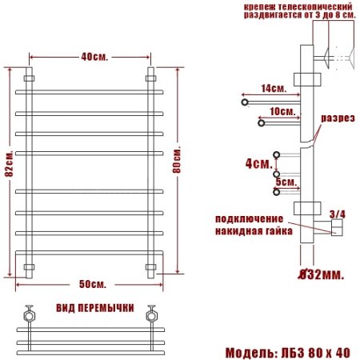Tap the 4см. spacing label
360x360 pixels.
(258, 163)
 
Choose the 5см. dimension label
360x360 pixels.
(285, 182)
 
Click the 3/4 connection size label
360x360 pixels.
(337, 214)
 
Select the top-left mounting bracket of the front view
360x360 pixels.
(30, 78)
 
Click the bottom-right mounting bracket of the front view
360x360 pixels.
(150, 266)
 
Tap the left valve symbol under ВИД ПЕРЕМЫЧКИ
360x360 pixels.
(30, 314)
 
